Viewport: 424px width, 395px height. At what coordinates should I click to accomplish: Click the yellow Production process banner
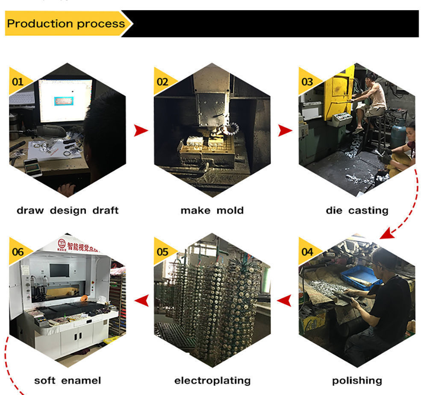click(x=66, y=23)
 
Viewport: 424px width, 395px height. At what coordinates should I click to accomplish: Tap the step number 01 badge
click(x=18, y=81)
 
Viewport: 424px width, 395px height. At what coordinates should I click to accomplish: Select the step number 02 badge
click(x=162, y=81)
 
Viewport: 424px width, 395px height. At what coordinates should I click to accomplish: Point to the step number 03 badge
click(x=307, y=81)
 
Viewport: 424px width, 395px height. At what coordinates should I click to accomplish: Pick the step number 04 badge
click(x=307, y=251)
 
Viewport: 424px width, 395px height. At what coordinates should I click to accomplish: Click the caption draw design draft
click(x=68, y=210)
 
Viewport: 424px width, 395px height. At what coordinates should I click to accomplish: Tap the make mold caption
click(x=212, y=210)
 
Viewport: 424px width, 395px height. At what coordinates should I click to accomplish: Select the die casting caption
click(x=357, y=210)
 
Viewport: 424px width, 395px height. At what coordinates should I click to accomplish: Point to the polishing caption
click(x=357, y=380)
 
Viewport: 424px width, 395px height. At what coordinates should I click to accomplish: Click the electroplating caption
click(x=212, y=380)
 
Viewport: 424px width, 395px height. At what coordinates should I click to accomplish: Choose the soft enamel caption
click(x=68, y=380)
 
